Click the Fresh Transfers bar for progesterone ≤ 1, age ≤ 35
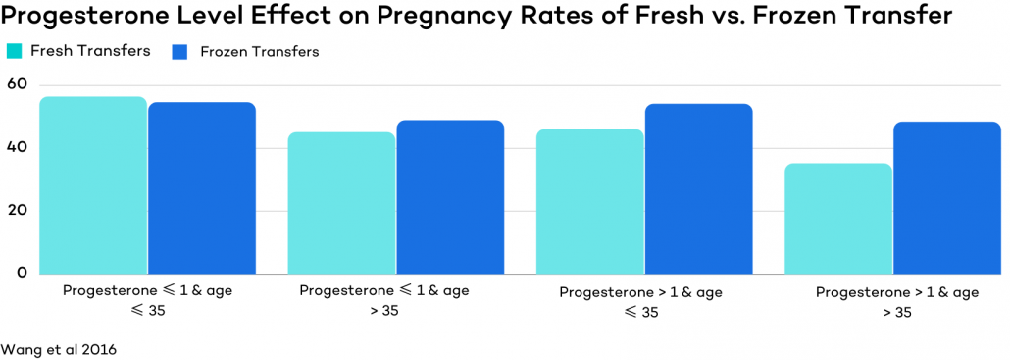[x=93, y=185]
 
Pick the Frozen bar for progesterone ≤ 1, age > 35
[x=450, y=197]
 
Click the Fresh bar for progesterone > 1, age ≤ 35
[x=589, y=201]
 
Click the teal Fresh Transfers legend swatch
[x=15, y=52]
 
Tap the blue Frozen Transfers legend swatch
[x=179, y=52]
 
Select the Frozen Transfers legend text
[x=259, y=52]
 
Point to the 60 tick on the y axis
[x=16, y=84]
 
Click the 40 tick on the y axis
[x=16, y=147]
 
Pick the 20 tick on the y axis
[x=16, y=210]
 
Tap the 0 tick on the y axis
[x=21, y=273]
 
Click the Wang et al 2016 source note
[x=59, y=349]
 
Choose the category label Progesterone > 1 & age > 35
[x=896, y=301]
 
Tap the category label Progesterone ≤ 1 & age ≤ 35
[x=147, y=300]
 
